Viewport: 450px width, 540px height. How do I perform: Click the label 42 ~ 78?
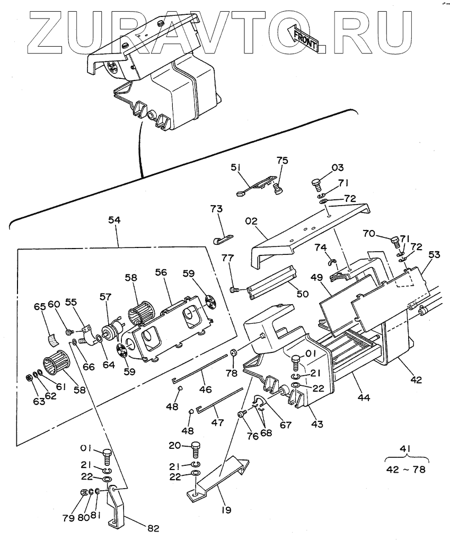408,469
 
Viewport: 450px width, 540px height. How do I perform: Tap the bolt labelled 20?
195,447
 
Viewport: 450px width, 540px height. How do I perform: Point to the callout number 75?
283,161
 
